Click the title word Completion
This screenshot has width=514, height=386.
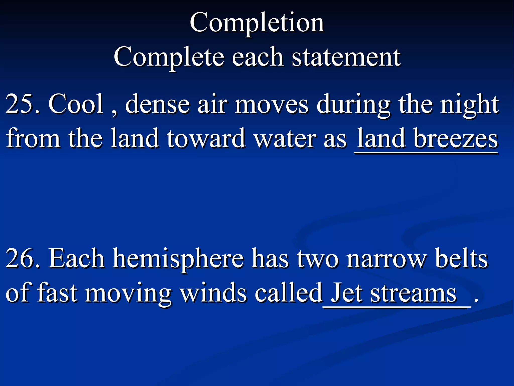coord(257,23)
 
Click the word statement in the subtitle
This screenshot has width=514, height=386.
coord(346,57)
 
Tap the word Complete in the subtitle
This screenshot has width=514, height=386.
coord(169,57)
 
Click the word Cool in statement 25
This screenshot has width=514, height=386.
coord(76,104)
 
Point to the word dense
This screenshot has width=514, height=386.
coord(157,104)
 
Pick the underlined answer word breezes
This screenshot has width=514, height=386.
coord(456,138)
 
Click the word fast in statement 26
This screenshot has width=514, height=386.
coord(57,293)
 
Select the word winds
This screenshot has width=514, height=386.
coord(214,293)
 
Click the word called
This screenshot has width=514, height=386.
coord(288,293)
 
